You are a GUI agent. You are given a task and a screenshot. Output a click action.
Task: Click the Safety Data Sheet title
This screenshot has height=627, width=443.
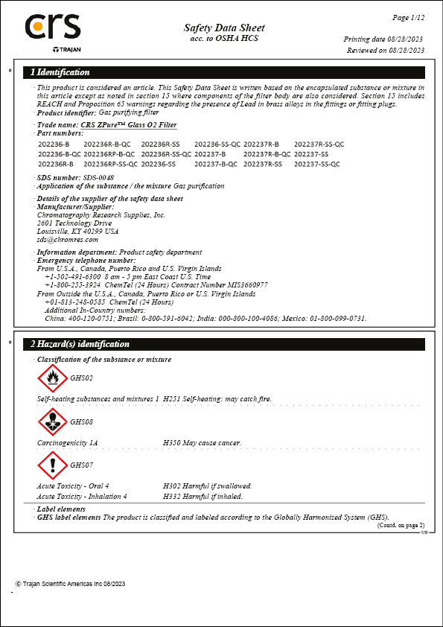[x=224, y=28]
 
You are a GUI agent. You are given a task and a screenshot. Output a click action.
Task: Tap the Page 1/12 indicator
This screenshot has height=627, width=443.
[x=408, y=16]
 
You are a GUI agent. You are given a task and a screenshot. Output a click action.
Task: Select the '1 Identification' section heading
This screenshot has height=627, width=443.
[x=60, y=72]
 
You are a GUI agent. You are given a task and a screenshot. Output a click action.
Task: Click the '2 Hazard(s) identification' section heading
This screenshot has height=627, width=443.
[x=80, y=344]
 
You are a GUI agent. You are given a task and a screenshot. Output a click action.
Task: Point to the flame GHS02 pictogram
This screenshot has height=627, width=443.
[x=52, y=378]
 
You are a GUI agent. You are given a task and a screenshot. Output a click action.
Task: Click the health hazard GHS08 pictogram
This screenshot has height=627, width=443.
[x=52, y=422]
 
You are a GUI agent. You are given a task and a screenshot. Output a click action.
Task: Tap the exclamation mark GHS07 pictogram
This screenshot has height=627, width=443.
[x=52, y=465]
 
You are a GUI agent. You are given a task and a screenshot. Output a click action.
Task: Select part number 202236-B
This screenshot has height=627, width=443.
[x=53, y=143]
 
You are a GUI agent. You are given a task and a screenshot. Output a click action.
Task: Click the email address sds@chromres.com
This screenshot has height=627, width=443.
[x=68, y=240]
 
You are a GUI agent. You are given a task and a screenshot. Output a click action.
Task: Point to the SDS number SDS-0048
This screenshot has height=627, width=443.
[x=98, y=177]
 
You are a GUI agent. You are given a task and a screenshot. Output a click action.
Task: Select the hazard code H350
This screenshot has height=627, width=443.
[x=170, y=443]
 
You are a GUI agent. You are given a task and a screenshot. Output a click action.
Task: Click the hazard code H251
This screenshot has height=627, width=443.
[x=170, y=399]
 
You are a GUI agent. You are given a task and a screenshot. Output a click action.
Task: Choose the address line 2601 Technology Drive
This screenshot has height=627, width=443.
[x=74, y=223]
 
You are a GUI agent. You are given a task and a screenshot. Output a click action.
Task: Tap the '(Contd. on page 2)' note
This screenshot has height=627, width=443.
[x=401, y=526]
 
